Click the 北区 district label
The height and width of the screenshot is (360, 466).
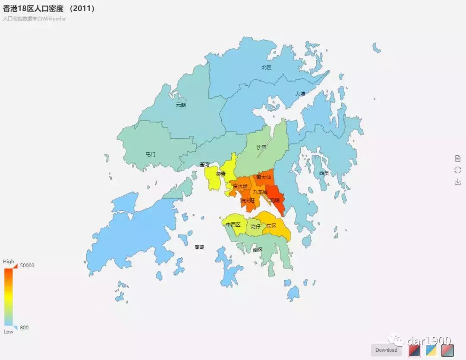(x=266, y=67)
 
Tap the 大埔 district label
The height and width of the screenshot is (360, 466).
(x=300, y=94)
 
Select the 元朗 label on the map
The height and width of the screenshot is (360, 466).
(x=181, y=105)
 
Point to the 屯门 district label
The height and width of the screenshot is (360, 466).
(x=150, y=154)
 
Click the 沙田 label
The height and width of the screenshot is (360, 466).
(x=261, y=147)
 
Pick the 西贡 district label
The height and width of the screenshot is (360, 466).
(x=324, y=173)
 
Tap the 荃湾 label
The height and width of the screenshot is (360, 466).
(x=205, y=165)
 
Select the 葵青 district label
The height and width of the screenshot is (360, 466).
(x=220, y=174)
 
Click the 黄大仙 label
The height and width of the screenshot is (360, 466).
(x=264, y=177)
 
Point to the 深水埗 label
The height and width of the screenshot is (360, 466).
(x=240, y=186)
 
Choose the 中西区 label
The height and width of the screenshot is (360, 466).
(x=233, y=225)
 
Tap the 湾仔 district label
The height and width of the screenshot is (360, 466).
(x=255, y=226)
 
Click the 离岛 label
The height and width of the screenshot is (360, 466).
(x=199, y=247)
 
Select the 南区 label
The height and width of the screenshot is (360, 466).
(x=258, y=250)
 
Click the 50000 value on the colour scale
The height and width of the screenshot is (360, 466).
(x=27, y=266)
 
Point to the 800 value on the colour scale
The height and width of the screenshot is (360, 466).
(x=24, y=328)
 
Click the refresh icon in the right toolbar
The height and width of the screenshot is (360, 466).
(x=458, y=170)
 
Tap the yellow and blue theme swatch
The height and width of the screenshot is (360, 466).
(x=431, y=350)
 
